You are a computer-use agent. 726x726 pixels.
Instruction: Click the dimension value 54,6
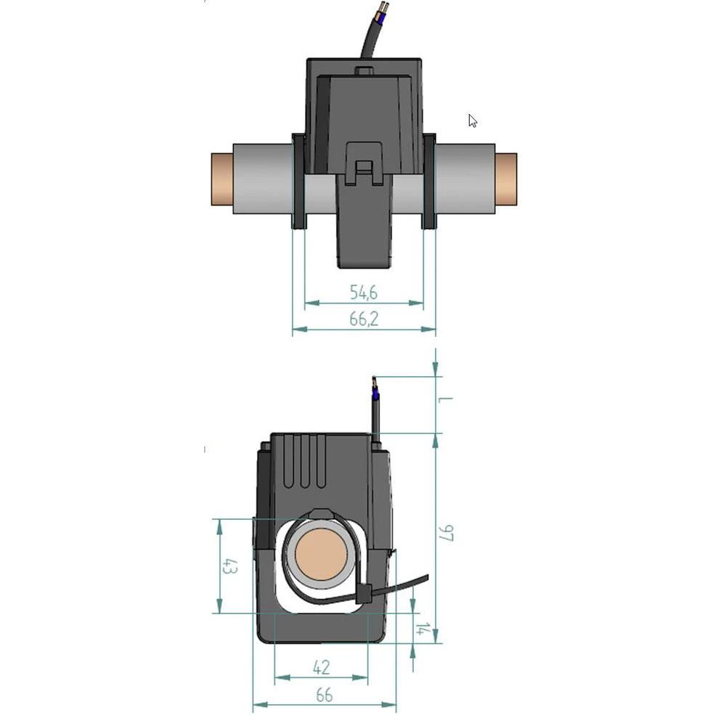pos(364,293)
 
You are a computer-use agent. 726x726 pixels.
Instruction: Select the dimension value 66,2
pos(364,319)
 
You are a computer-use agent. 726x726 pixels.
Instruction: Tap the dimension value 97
pos(446,533)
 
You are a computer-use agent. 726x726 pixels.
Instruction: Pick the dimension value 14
pos(421,628)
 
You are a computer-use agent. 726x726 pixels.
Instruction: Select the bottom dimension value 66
pos(324,695)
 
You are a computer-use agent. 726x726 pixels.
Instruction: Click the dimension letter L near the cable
pos(446,399)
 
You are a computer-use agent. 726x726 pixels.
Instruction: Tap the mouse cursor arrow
pos(472,121)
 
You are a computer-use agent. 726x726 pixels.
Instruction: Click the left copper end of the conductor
pos(221,179)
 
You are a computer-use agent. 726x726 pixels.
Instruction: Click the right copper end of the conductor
pos(507,179)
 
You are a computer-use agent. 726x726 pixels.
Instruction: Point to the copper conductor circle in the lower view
pos(319,558)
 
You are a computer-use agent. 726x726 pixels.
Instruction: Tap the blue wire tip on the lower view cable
pos(375,395)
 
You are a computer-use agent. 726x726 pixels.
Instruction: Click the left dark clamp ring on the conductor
pos(298,181)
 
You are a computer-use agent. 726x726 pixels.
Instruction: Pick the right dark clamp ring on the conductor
pos(428,181)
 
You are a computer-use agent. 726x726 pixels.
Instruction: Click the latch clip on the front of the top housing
pos(364,161)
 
